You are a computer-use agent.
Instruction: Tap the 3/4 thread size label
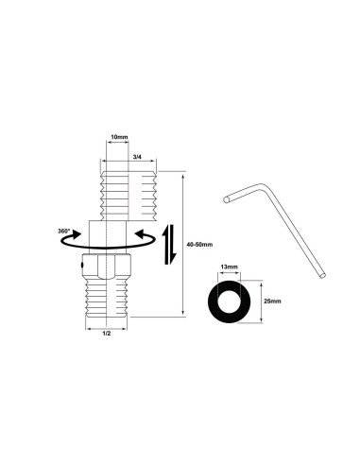pyautogui.click(x=138, y=156)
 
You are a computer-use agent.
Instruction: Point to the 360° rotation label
pyautogui.click(x=63, y=230)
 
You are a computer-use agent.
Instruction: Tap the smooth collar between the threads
pyautogui.click(x=112, y=234)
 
